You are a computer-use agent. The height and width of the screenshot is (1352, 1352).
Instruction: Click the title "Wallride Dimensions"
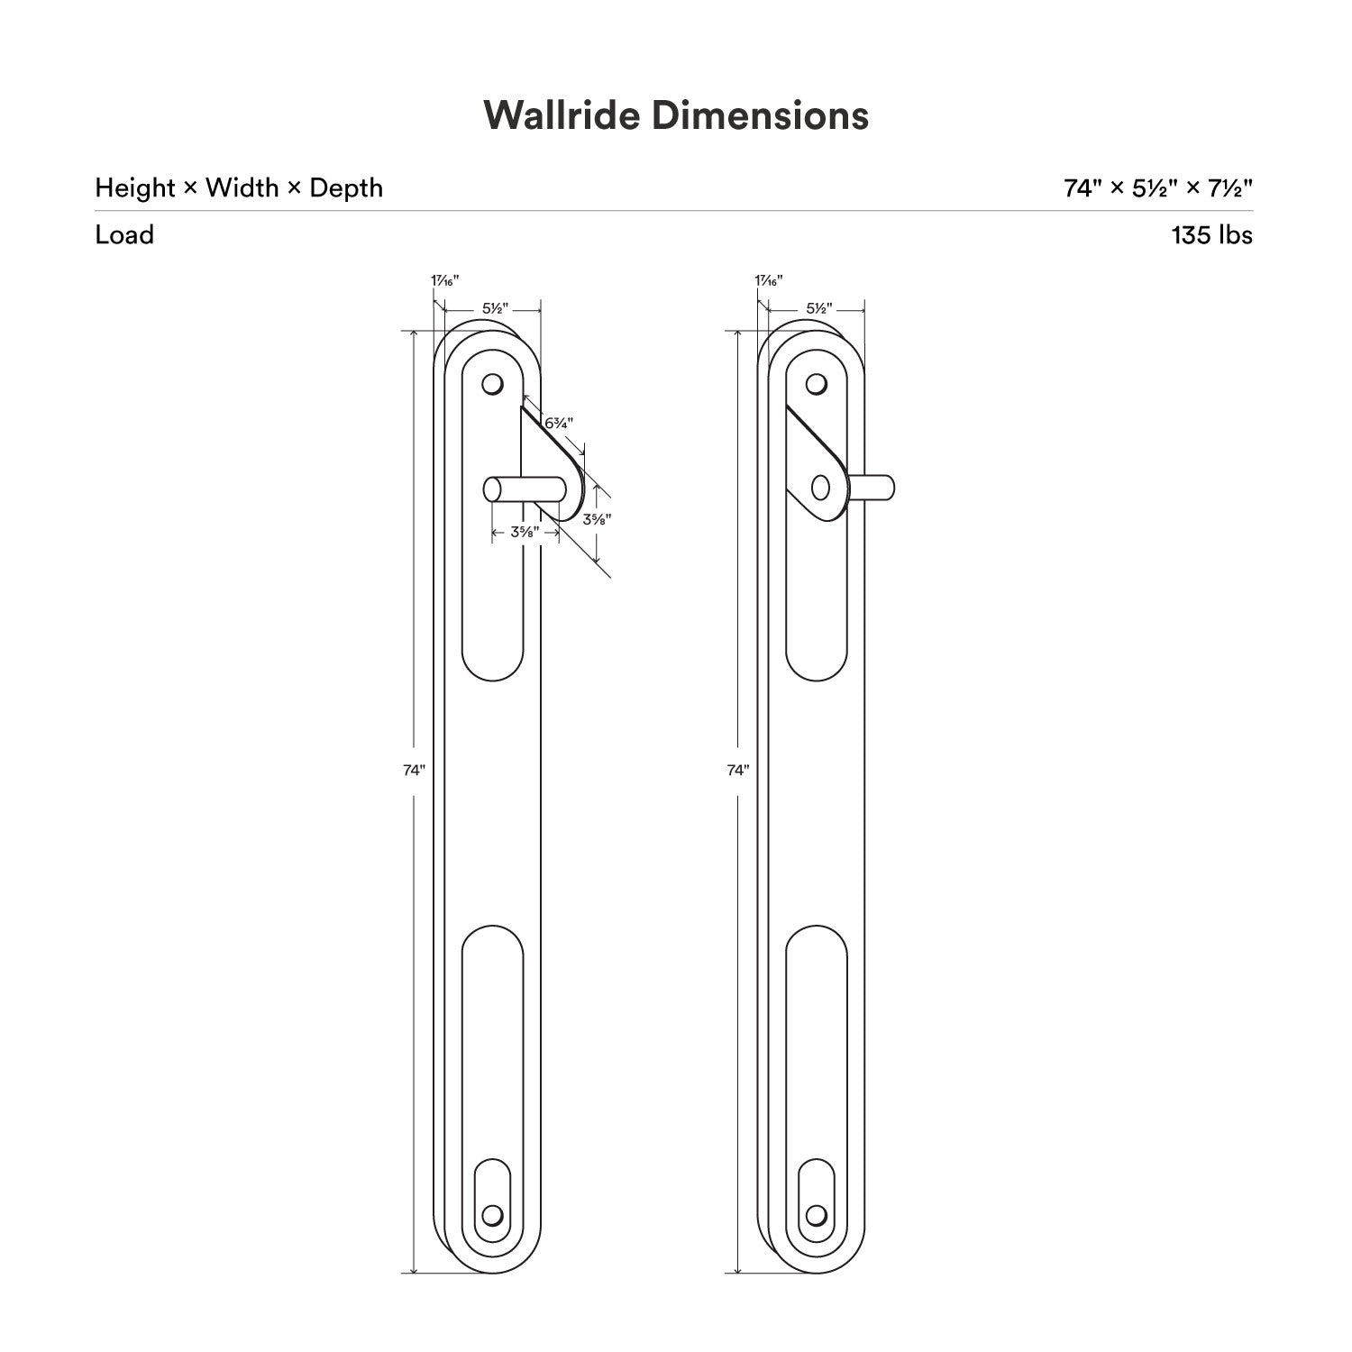(x=676, y=115)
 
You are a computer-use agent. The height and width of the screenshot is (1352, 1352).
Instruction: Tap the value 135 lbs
(x=1211, y=235)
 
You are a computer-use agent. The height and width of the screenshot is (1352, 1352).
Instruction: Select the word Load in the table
(x=124, y=235)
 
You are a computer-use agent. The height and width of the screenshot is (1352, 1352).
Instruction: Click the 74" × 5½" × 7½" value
(x=1158, y=188)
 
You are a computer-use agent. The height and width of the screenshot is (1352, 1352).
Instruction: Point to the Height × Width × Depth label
(x=239, y=188)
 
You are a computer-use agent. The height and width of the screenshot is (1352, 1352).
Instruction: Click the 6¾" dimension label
(x=559, y=422)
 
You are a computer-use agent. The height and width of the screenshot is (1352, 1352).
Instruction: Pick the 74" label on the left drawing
(x=414, y=770)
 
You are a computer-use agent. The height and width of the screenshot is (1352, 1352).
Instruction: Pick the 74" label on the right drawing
(x=737, y=770)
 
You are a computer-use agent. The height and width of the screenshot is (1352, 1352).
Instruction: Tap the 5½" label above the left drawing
(x=495, y=308)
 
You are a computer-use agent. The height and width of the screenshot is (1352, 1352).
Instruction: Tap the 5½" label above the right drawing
(x=819, y=308)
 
